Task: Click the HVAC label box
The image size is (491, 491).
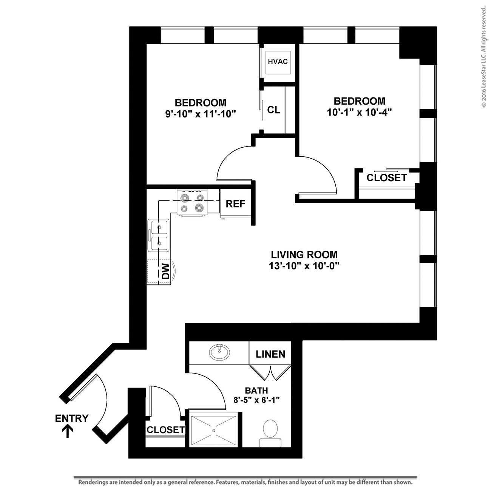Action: tap(278, 63)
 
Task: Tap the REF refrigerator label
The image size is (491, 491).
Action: tap(235, 204)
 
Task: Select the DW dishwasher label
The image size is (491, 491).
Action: tap(165, 271)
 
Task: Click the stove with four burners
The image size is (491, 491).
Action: tap(192, 202)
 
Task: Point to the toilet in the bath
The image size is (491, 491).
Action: tap(270, 433)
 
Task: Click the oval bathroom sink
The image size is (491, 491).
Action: tap(219, 352)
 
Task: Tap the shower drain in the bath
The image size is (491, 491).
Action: tap(213, 430)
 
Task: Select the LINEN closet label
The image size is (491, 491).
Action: tap(270, 354)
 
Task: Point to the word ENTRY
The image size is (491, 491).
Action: tap(72, 418)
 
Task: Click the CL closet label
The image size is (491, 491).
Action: tap(274, 110)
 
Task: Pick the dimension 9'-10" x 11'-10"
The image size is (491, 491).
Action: tap(201, 114)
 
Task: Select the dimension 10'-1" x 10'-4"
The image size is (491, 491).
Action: tap(359, 112)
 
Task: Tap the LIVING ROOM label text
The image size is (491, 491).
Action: tap(304, 255)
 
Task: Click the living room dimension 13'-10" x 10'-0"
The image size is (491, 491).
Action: tap(304, 266)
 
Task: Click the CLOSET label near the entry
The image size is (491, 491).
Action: tap(166, 430)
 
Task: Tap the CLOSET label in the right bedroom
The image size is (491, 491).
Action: tap(387, 178)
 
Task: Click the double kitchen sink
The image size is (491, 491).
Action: tap(159, 235)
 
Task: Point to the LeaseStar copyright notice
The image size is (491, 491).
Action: tap(483, 57)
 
